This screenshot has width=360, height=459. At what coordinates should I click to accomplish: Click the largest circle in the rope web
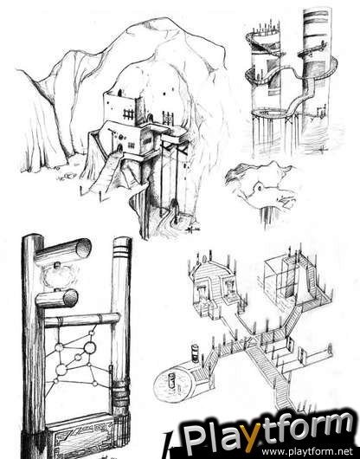pos(89,347)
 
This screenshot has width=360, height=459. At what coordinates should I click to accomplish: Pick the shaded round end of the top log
pos(83,249)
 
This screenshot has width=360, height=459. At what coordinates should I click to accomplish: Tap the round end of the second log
pos(70,298)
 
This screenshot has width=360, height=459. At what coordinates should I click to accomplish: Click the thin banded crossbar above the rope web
pos(82,320)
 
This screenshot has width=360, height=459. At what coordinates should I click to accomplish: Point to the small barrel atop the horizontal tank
pos(195,353)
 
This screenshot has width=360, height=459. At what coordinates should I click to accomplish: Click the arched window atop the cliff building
pos(120,93)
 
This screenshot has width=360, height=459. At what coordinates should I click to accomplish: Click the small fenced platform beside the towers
pos(321,113)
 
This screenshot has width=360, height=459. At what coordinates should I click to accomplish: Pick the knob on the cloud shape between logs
pos(56,266)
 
